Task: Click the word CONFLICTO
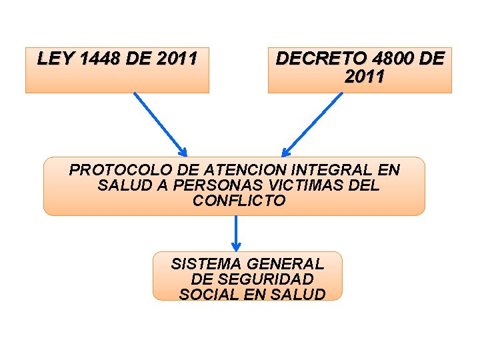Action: (x=239, y=201)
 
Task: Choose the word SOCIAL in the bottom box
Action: (x=206, y=295)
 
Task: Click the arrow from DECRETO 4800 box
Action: (x=312, y=123)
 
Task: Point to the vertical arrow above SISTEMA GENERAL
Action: (x=235, y=233)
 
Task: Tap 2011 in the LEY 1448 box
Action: (x=176, y=59)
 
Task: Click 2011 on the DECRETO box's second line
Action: (x=365, y=77)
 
